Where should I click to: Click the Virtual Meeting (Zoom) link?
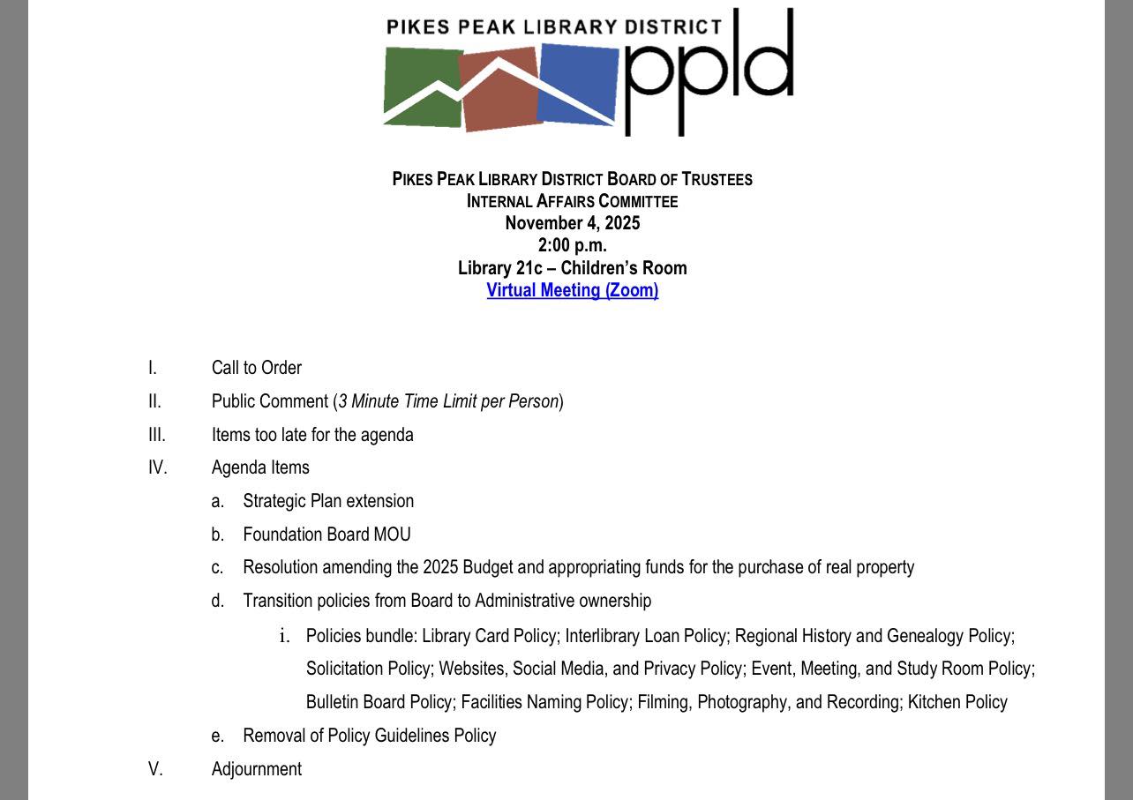[572, 290]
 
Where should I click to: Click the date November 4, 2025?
[572, 223]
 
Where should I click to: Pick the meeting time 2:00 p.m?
[572, 245]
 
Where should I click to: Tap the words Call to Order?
[256, 368]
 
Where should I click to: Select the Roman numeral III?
[156, 435]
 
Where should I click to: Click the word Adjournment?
[256, 769]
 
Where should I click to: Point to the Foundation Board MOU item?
[326, 535]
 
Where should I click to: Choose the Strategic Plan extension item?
[328, 501]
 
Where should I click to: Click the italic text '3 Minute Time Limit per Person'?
[448, 401]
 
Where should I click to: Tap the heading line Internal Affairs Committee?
[572, 201]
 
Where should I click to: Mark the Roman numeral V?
[155, 769]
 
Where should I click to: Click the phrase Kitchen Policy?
[957, 702]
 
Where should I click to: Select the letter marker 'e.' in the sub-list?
[218, 736]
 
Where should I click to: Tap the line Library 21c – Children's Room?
[572, 268]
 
